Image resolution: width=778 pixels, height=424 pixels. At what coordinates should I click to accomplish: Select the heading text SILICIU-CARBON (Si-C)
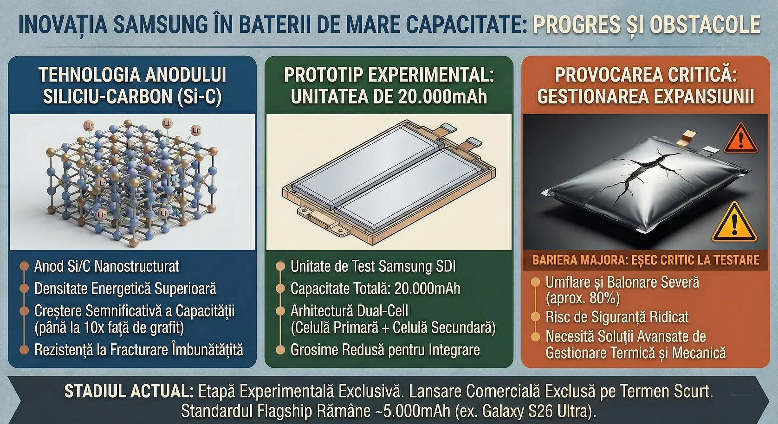tap(132, 96)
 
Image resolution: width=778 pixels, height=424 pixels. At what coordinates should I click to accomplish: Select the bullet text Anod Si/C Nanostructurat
tap(107, 266)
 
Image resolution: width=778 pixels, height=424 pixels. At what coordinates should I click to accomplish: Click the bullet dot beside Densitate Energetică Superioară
tap(24, 288)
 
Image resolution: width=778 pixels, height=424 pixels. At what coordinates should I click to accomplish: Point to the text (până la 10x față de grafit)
tap(109, 328)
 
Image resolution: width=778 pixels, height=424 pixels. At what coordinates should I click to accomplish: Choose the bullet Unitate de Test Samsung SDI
tap(373, 266)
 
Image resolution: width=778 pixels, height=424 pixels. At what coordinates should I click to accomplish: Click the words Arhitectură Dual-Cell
tap(350, 310)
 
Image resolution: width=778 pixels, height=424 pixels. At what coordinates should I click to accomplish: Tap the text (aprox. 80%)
tap(583, 298)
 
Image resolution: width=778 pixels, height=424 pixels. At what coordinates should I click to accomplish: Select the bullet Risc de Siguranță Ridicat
tap(617, 317)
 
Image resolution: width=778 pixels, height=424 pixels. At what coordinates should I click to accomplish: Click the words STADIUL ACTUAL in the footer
tap(129, 392)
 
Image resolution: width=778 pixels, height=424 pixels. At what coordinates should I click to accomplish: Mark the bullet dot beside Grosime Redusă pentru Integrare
tap(280, 350)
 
